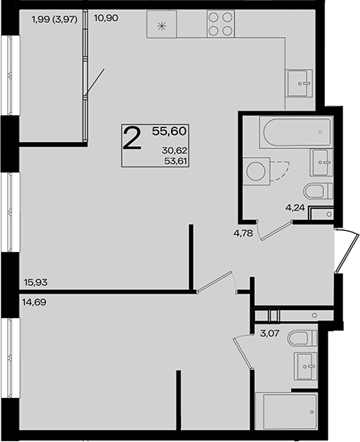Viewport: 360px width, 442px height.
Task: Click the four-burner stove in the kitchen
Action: [x=220, y=24]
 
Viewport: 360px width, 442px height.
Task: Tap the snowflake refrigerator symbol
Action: [x=162, y=27]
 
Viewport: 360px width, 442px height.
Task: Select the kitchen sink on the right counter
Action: [x=300, y=83]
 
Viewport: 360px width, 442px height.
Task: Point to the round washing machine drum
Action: [x=256, y=170]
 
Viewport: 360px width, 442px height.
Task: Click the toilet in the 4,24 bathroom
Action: [x=318, y=191]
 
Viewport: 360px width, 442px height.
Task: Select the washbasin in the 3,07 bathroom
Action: [x=305, y=366]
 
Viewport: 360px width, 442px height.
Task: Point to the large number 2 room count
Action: [x=133, y=138]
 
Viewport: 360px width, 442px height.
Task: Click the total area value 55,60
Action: [x=169, y=131]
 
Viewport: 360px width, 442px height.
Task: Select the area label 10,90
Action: [x=106, y=19]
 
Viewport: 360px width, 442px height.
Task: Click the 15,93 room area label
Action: [x=36, y=282]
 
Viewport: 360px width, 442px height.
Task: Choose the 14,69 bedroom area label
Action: [x=34, y=302]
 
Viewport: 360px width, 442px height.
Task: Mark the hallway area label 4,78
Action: [x=244, y=233]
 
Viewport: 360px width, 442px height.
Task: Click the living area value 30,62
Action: [x=175, y=151]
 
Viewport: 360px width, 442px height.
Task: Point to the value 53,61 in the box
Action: [x=176, y=161]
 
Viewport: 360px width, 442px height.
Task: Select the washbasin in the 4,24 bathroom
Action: [x=322, y=163]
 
